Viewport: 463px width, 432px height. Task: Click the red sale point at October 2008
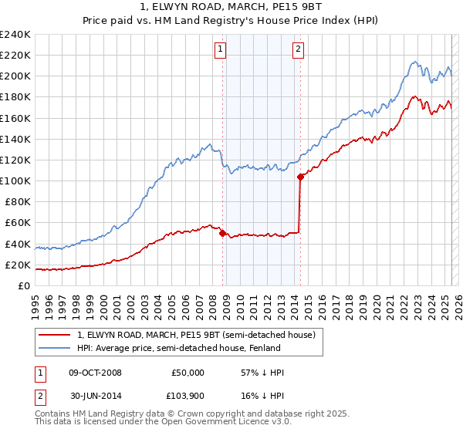(223, 233)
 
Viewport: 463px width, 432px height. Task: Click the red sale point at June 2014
(300, 177)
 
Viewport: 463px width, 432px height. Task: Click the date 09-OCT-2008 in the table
(96, 373)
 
